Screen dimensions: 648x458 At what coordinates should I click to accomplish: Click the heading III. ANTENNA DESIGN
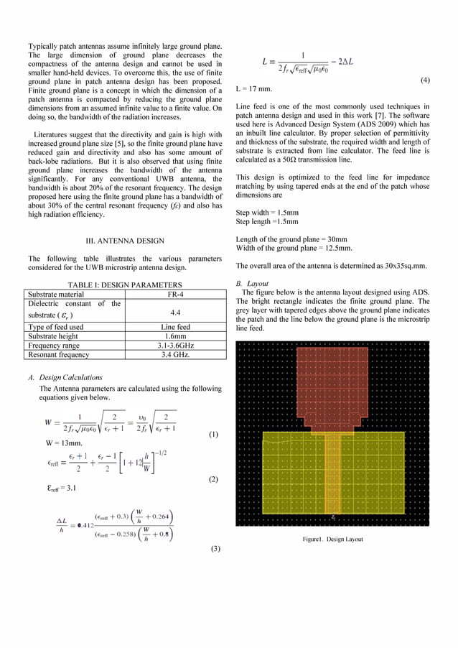point(126,240)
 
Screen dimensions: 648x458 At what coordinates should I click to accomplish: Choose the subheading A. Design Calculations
point(65,377)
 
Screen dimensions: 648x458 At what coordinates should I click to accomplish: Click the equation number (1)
point(213,435)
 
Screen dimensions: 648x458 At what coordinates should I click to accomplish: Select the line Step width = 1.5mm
point(268,213)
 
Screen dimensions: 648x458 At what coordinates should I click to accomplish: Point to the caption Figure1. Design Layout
point(332,539)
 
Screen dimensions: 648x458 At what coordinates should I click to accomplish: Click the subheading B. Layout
point(252,283)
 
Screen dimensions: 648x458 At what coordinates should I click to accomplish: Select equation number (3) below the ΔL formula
point(213,548)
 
